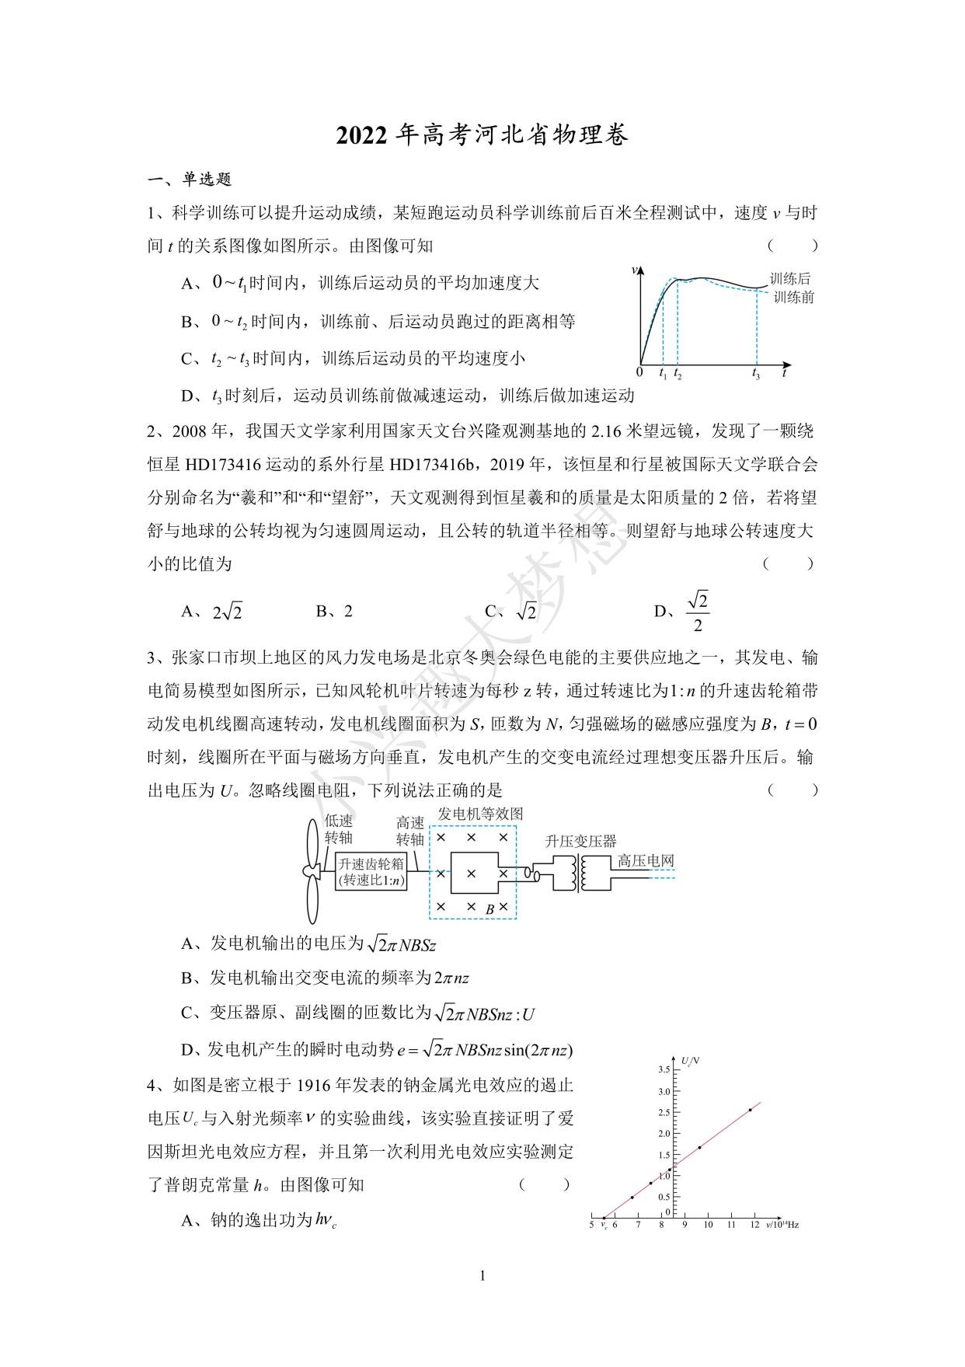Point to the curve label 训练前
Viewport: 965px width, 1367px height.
[793, 298]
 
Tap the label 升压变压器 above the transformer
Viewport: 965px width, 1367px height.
[580, 841]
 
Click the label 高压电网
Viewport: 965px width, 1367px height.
[646, 860]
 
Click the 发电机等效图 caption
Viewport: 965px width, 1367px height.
[480, 814]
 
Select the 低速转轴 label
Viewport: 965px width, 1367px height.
[339, 829]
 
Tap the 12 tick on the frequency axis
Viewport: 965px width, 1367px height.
[754, 1226]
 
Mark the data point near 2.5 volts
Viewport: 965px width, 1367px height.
[750, 1110]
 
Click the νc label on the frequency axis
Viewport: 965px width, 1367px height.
[604, 1226]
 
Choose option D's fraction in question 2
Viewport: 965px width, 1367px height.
[697, 612]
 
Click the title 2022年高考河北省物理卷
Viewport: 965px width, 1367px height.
[482, 134]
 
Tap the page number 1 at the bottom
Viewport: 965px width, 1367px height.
[482, 1275]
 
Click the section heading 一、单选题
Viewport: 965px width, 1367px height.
[190, 180]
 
